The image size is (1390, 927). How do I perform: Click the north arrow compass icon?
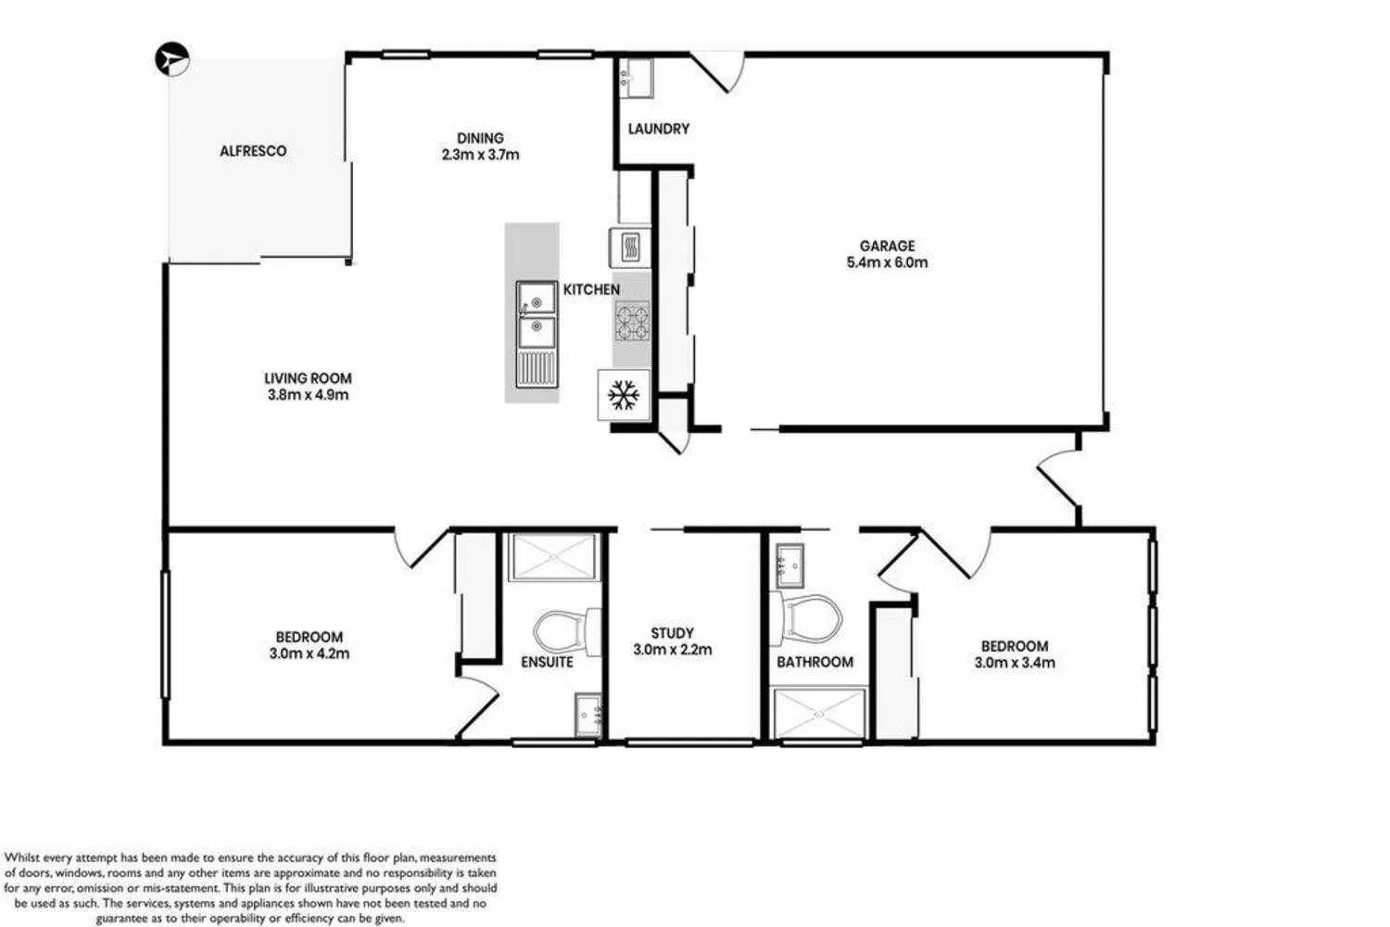tap(171, 58)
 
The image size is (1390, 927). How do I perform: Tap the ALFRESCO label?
tap(253, 151)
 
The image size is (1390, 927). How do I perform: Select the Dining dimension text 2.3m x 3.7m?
tap(480, 155)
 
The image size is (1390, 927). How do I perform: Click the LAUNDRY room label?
tap(659, 129)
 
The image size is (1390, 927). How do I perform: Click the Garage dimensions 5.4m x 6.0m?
tap(887, 262)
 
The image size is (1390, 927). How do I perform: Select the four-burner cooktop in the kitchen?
tap(633, 321)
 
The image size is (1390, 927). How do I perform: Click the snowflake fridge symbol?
tap(624, 395)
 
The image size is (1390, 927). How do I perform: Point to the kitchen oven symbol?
tap(629, 248)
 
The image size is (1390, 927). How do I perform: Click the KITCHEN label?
tap(591, 290)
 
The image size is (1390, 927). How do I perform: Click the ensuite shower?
tap(552, 557)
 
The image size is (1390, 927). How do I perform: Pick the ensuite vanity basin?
tap(588, 715)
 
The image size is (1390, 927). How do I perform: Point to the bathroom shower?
tap(820, 714)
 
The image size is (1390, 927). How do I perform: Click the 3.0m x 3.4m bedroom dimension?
tap(1014, 663)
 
